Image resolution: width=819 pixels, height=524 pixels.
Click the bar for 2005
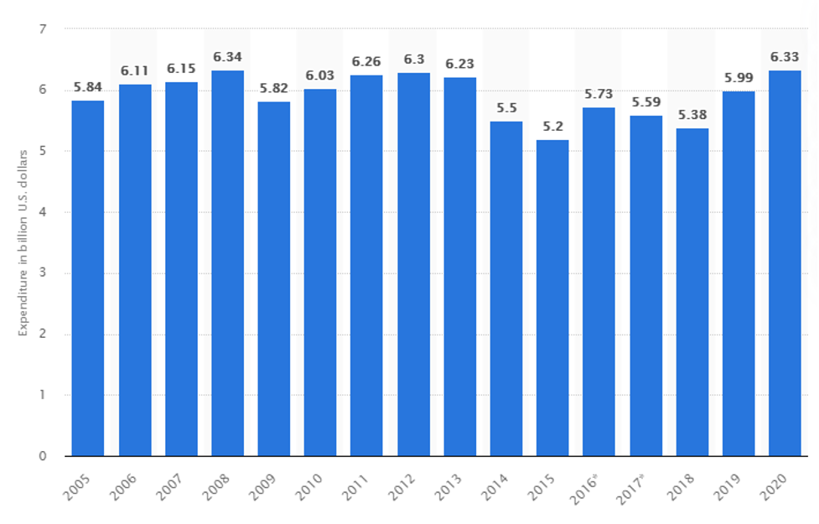pyautogui.click(x=88, y=278)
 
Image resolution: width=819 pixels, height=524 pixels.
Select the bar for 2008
pyautogui.click(x=227, y=263)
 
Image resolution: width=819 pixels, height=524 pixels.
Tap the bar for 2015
pyautogui.click(x=552, y=298)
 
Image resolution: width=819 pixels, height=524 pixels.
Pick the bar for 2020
pyautogui.click(x=785, y=263)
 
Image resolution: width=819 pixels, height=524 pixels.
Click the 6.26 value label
pyautogui.click(x=366, y=64)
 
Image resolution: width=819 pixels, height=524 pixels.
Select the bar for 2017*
pyautogui.click(x=645, y=286)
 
